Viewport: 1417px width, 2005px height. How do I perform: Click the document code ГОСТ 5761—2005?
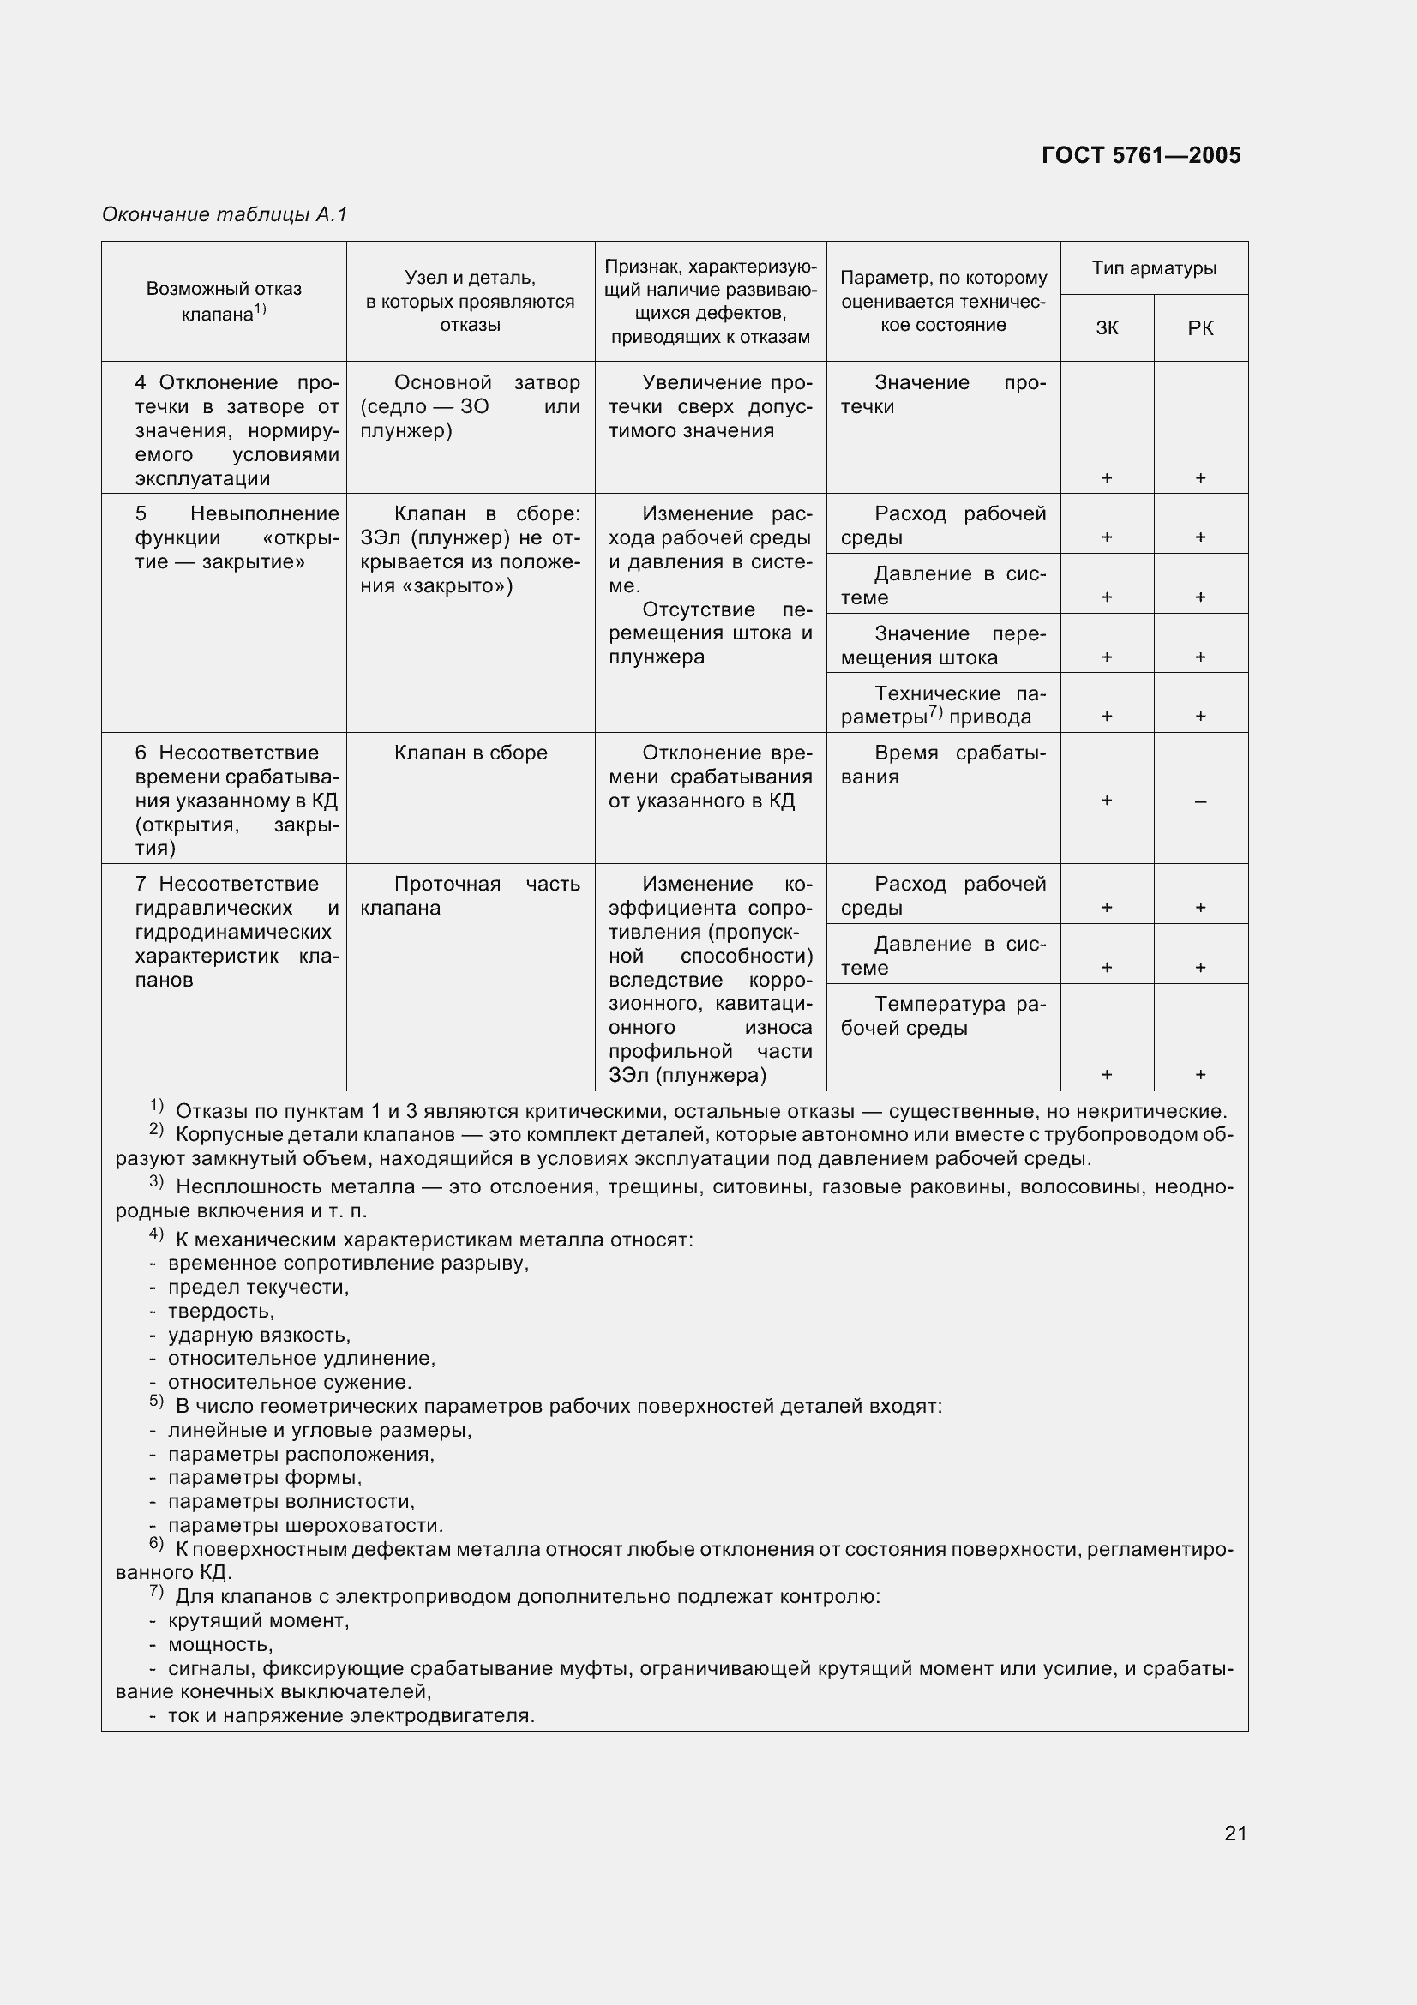[x=1140, y=155]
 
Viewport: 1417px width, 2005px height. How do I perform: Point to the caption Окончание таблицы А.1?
[x=225, y=214]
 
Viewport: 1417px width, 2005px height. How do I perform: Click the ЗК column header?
[x=1106, y=328]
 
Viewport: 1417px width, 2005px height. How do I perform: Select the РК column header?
[x=1200, y=328]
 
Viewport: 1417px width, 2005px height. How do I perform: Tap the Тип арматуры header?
[x=1153, y=268]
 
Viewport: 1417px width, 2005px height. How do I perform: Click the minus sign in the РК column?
[x=1200, y=801]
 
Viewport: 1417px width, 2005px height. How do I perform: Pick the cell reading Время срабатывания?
[x=943, y=765]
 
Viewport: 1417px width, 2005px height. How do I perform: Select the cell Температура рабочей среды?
[x=943, y=1016]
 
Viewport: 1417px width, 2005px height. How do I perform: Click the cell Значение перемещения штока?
[x=943, y=645]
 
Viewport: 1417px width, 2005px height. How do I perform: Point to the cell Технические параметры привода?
[x=943, y=705]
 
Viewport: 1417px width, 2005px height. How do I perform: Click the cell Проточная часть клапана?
[x=470, y=896]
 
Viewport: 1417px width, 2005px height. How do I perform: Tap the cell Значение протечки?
[x=943, y=394]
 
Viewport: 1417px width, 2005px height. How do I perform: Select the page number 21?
[x=1235, y=1833]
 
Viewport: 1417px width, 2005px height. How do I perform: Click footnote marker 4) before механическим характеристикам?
[x=156, y=1234]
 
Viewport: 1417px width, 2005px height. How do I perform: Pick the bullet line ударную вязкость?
[x=258, y=1336]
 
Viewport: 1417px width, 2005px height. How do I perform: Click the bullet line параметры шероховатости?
[x=305, y=1526]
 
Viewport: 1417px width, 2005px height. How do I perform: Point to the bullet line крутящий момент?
[x=258, y=1621]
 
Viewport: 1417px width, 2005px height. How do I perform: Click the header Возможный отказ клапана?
[x=224, y=301]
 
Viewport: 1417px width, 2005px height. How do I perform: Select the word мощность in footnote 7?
[x=220, y=1645]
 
